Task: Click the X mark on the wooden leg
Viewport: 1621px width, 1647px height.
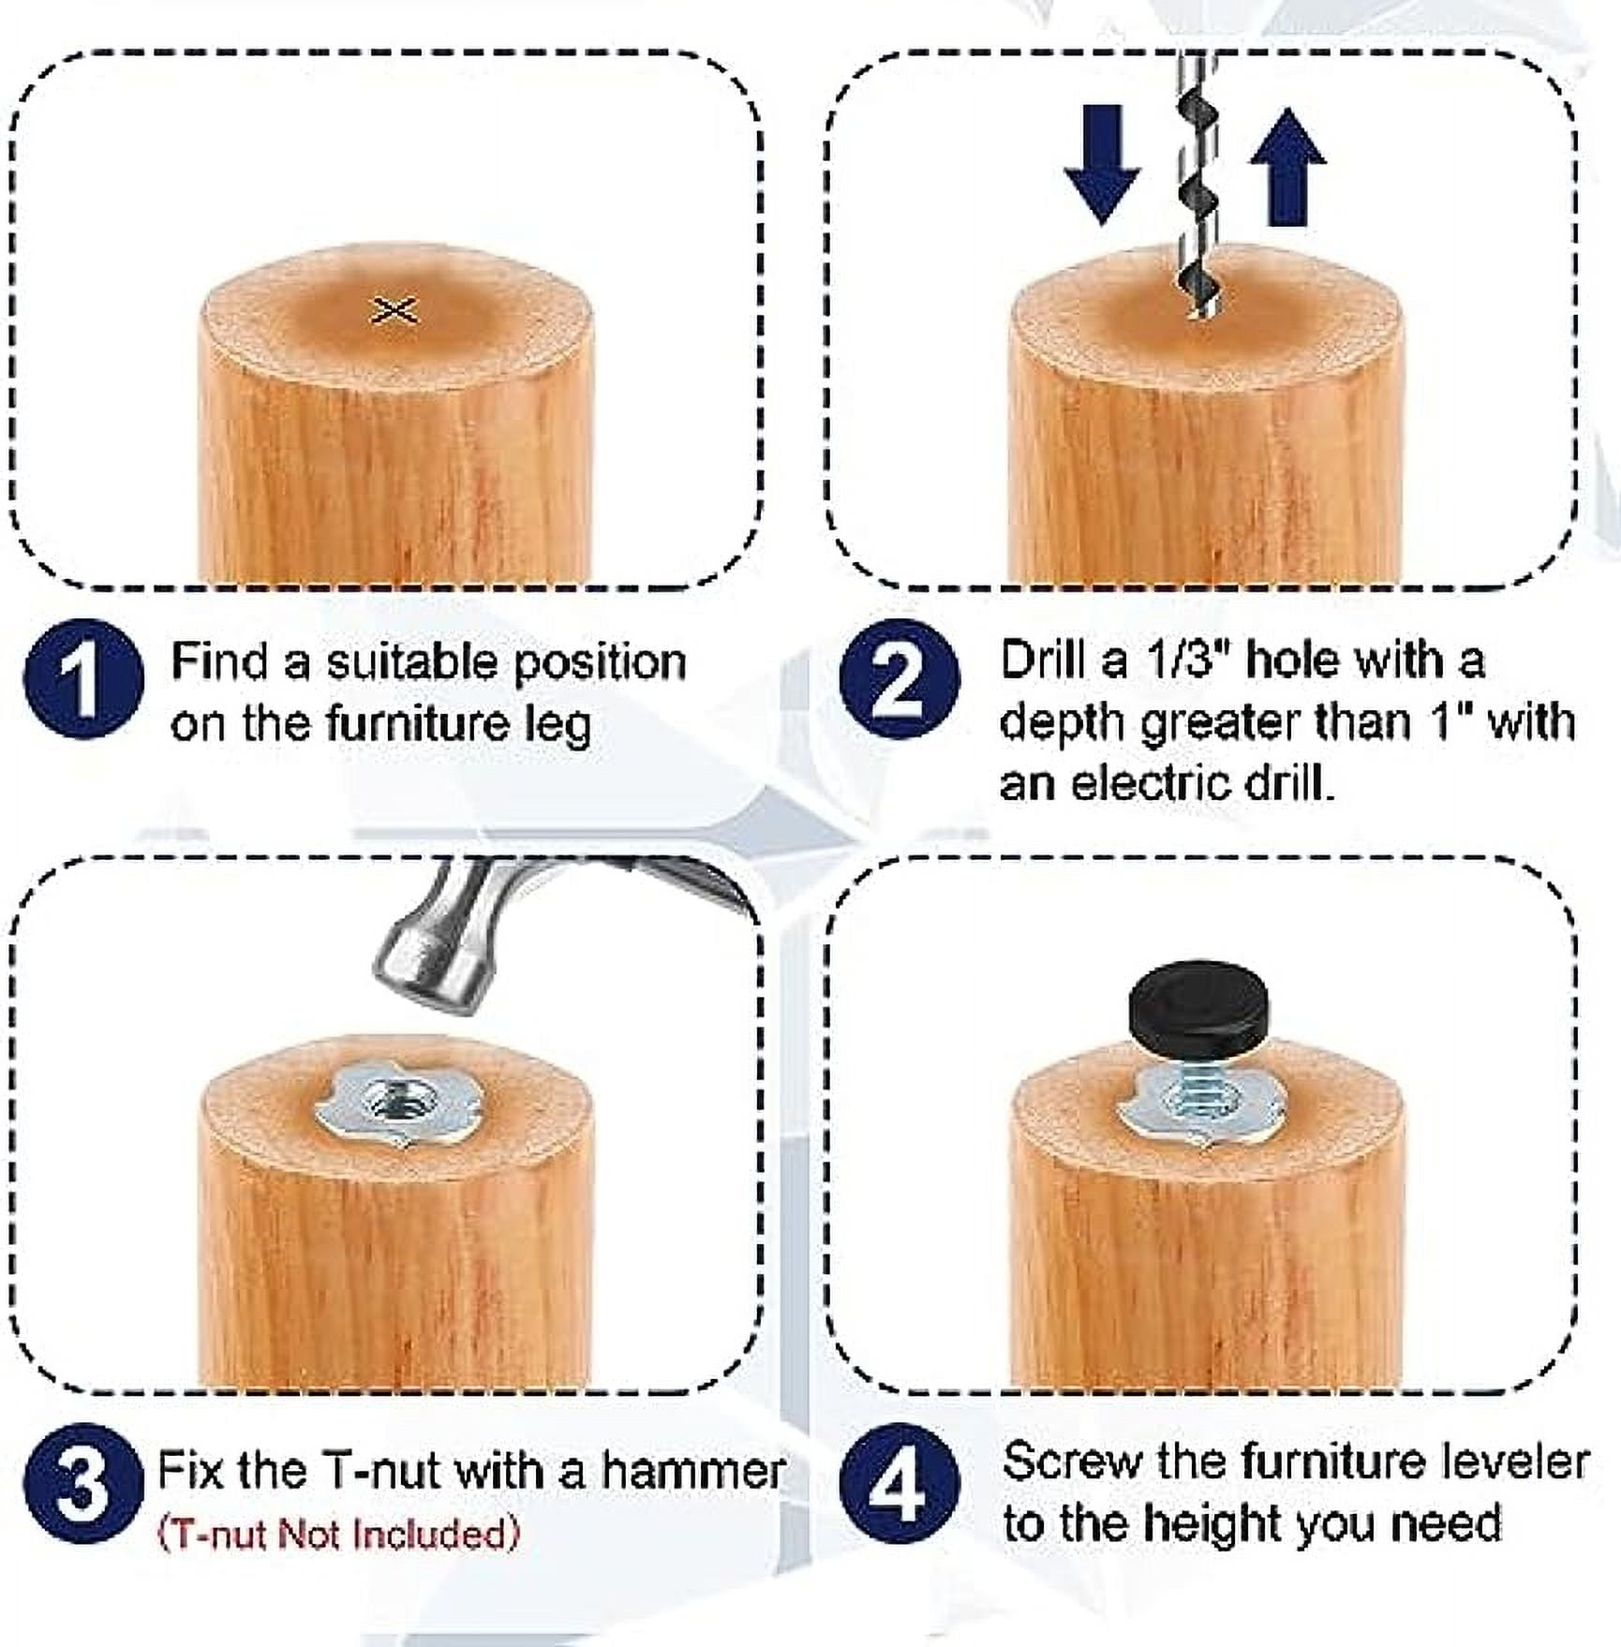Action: coord(394,310)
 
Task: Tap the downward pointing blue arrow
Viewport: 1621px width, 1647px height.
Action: coord(1102,164)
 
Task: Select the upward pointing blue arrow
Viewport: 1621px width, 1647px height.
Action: coord(1287,167)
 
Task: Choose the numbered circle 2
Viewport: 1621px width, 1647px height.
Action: coord(899,678)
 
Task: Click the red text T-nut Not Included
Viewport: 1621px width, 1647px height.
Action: coord(338,1534)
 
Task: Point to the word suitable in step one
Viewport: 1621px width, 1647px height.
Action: coord(412,662)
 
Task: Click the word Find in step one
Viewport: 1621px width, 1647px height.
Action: coord(221,662)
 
